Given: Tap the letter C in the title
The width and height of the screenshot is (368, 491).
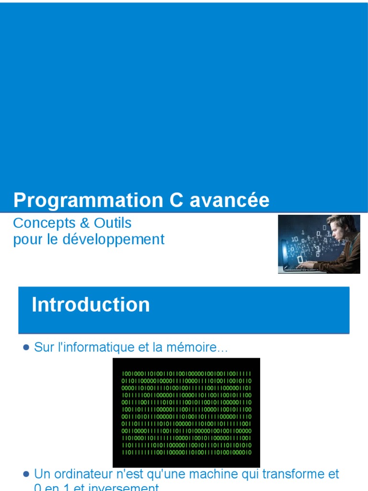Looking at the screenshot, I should click(x=176, y=200).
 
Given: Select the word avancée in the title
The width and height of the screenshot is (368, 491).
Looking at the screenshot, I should click(x=230, y=200).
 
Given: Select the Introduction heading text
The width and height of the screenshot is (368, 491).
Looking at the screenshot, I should click(x=91, y=305).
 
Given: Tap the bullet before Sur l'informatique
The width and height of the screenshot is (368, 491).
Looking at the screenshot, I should click(x=26, y=347).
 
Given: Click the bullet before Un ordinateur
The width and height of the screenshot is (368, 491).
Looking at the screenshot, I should click(x=26, y=474).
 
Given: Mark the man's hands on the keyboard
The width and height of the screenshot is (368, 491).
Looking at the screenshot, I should click(x=307, y=264).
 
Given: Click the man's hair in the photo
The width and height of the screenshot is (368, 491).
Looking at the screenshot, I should click(x=344, y=222).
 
